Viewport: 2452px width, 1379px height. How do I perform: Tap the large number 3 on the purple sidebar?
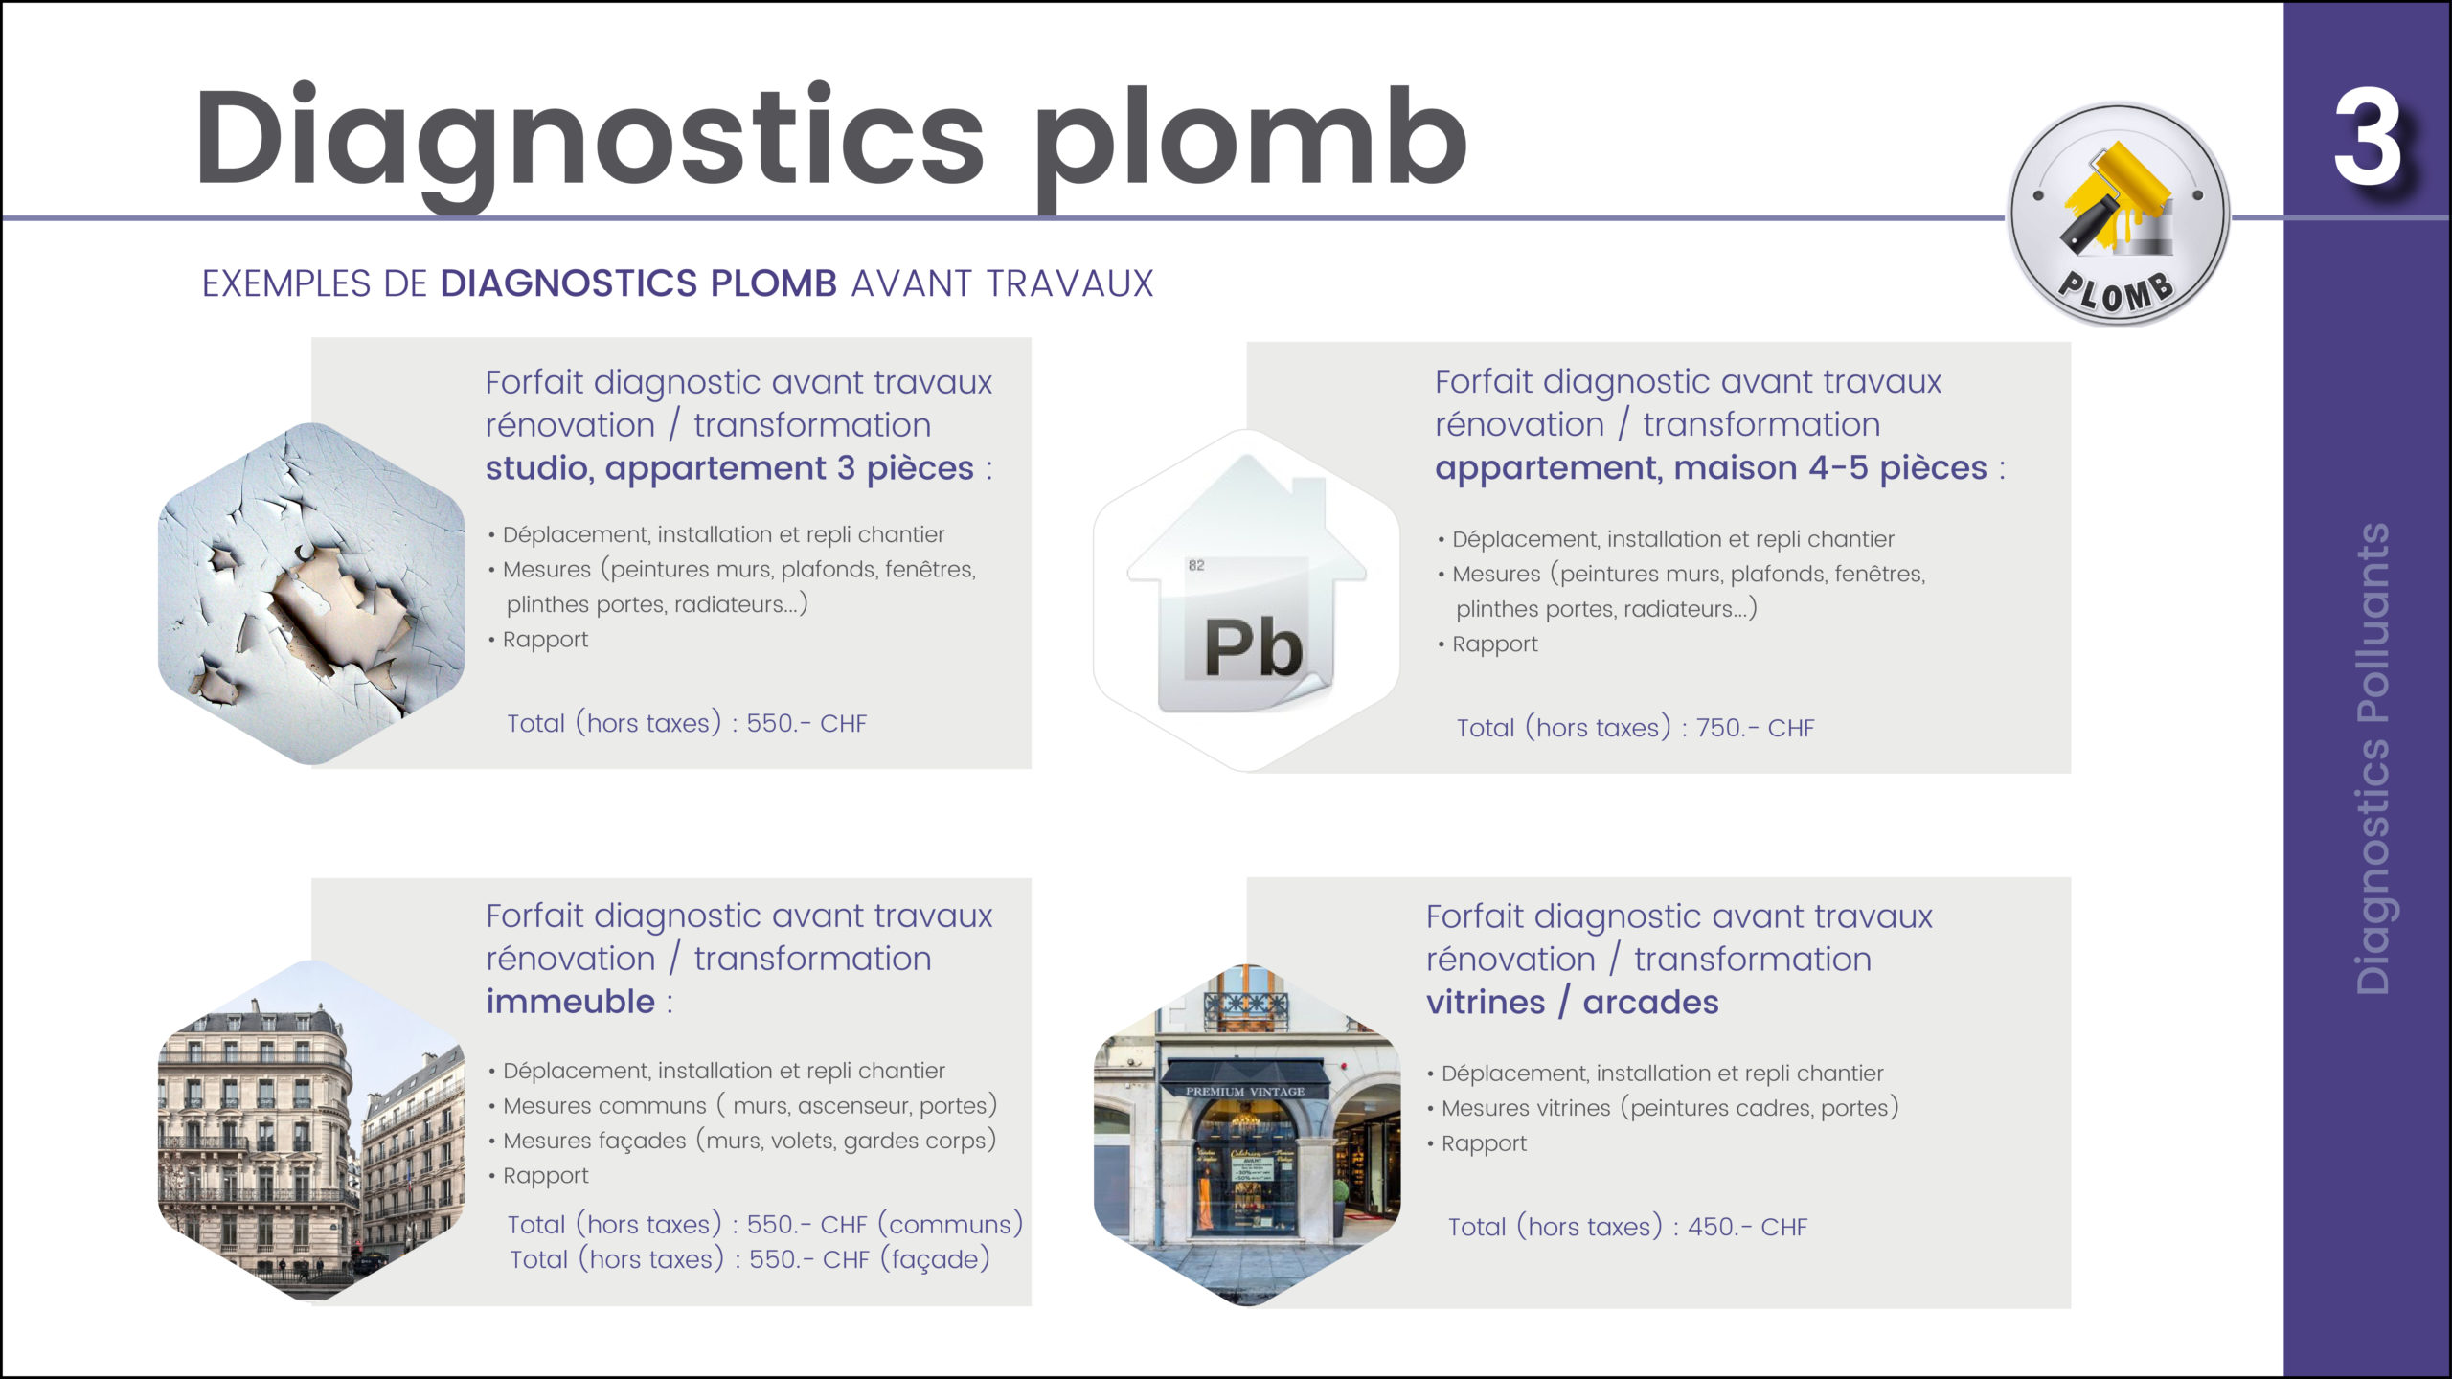[x=2367, y=138]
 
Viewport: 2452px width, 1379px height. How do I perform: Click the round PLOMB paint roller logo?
[x=2119, y=214]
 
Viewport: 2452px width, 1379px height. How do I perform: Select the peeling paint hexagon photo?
[x=311, y=594]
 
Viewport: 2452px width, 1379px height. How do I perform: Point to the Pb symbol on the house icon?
[x=1253, y=648]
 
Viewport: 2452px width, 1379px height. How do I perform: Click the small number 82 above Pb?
[x=1196, y=565]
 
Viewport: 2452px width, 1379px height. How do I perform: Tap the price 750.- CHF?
[x=1755, y=729]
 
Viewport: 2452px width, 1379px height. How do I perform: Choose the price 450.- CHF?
[x=1747, y=1228]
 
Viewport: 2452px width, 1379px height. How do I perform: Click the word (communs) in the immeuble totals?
[x=950, y=1225]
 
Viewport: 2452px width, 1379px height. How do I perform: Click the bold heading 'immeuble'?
[x=571, y=1002]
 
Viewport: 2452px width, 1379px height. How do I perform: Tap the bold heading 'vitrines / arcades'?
[x=1573, y=1003]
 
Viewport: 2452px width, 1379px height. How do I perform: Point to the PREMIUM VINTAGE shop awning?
[x=1245, y=1079]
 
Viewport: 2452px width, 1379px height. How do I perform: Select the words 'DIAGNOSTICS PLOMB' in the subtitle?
[x=639, y=283]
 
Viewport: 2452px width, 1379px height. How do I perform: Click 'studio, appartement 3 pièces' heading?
[x=730, y=468]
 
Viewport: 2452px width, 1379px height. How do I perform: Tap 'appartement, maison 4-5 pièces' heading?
[x=1711, y=468]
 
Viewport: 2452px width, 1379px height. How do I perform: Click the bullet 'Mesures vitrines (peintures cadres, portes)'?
[x=1669, y=1109]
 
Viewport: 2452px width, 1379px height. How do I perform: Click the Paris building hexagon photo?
[x=311, y=1130]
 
